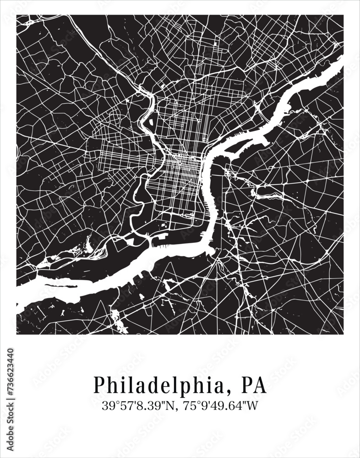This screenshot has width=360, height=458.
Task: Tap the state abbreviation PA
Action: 254,385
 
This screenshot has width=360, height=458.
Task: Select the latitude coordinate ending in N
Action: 140,405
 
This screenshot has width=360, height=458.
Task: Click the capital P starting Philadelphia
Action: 99,385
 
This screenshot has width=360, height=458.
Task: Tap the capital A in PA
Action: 260,385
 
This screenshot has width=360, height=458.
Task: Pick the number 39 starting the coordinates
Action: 108,405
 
